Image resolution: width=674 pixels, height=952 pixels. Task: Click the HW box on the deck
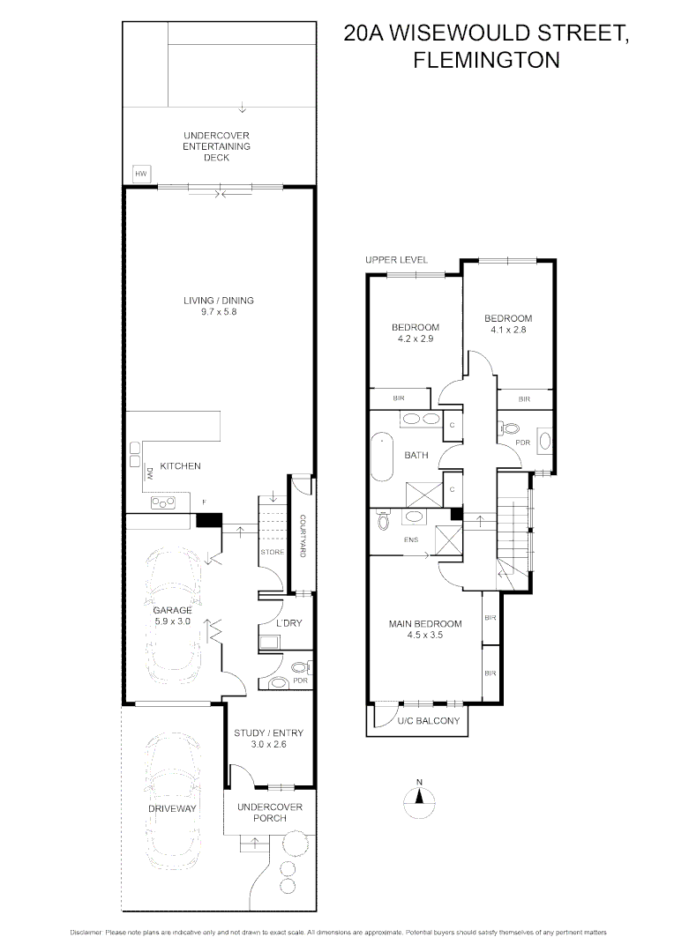click(x=139, y=174)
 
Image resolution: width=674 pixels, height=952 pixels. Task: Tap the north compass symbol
click(x=421, y=797)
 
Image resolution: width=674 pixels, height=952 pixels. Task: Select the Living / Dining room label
click(x=218, y=306)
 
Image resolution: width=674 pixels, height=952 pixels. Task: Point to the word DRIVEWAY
click(x=172, y=808)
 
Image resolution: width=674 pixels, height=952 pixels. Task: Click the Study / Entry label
click(x=260, y=738)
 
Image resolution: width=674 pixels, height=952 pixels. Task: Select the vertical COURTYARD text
click(x=302, y=535)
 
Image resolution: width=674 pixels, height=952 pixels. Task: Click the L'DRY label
click(x=288, y=623)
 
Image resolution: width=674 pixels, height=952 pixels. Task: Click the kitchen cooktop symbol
click(x=164, y=502)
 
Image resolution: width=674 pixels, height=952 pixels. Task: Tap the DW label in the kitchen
click(x=150, y=473)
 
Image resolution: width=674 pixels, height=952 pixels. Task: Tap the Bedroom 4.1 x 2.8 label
click(x=509, y=324)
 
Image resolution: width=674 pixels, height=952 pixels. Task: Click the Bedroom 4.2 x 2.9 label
click(x=416, y=332)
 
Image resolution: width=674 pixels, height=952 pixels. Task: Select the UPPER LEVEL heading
click(x=397, y=260)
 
